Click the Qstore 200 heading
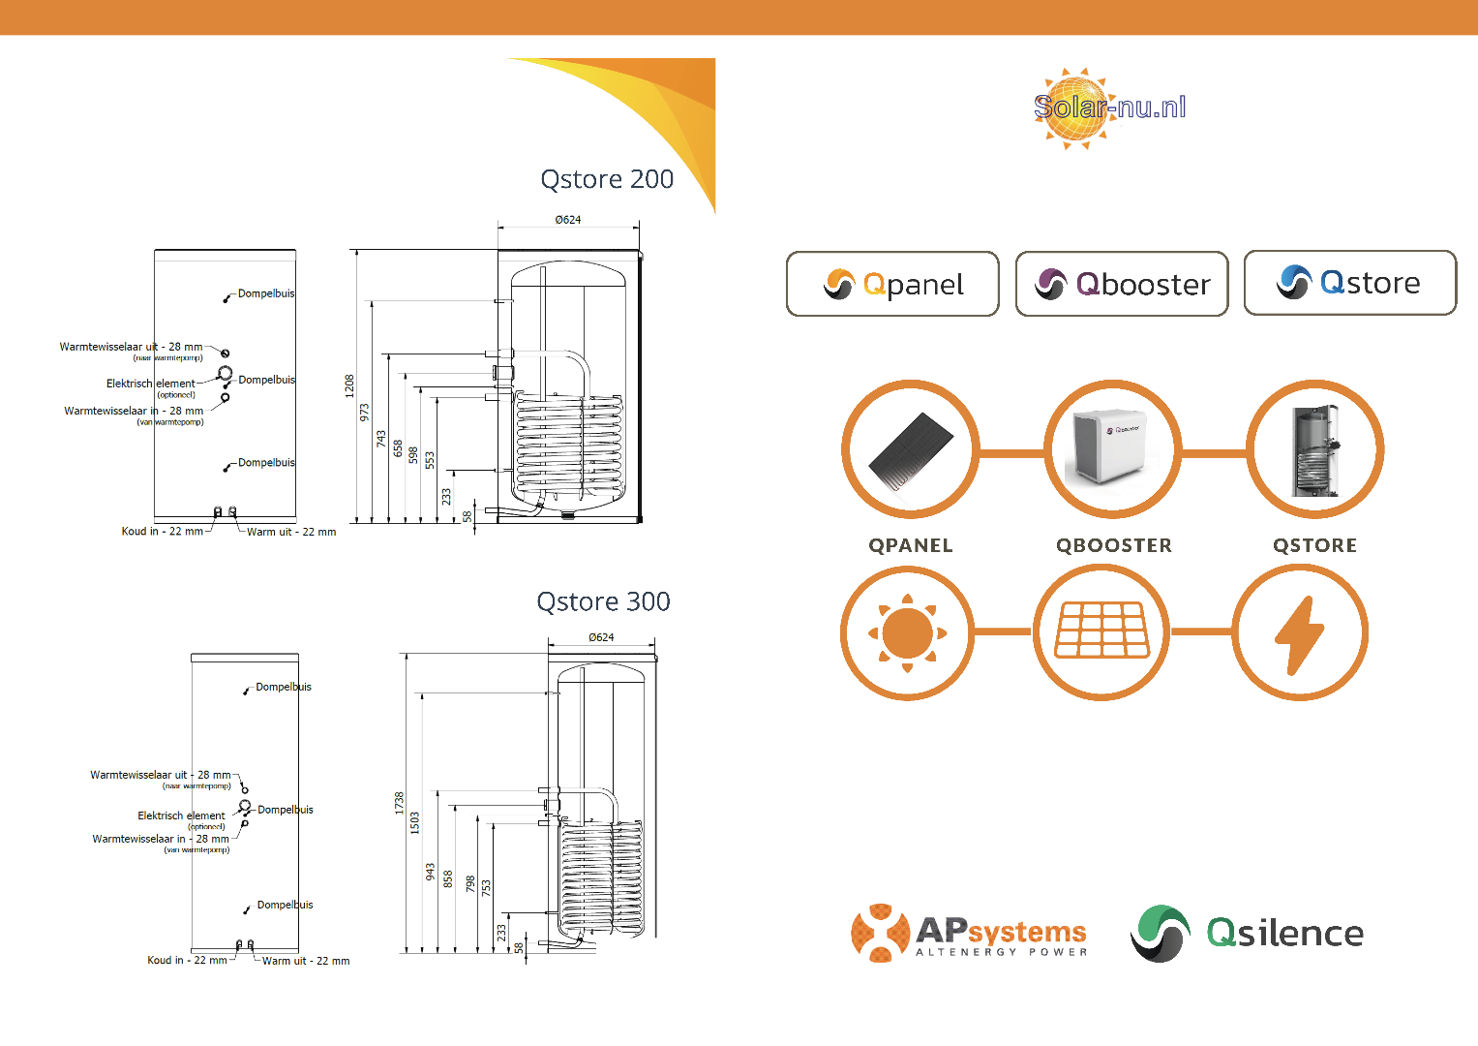point(607,179)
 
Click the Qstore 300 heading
point(603,601)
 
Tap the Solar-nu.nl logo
point(1109,108)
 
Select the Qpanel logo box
point(892,284)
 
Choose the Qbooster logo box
point(1122,284)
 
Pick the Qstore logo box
point(1349,283)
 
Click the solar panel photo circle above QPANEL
point(910,449)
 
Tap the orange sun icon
point(907,632)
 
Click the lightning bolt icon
point(1299,632)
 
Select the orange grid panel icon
point(1101,631)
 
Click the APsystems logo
point(969,933)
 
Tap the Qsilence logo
point(1247,933)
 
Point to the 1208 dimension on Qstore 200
point(349,385)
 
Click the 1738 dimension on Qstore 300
point(399,803)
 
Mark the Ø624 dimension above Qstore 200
point(568,220)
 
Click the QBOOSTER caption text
point(1113,545)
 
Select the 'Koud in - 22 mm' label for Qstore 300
point(187,961)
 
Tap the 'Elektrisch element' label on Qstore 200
point(151,384)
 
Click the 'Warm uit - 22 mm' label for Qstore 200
point(291,532)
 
